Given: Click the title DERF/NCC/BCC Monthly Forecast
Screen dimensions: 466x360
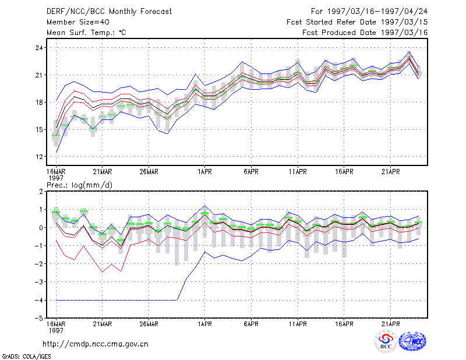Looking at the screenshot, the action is (109, 12).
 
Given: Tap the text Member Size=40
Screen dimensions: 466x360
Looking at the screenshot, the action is (78, 22).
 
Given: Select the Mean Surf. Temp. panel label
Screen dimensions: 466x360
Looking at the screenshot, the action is (86, 33).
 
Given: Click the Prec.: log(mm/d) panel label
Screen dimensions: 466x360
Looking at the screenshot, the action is (79, 185).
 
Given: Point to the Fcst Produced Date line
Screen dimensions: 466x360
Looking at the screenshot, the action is (365, 33).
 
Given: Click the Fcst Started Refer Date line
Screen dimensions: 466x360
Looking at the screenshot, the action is (357, 22).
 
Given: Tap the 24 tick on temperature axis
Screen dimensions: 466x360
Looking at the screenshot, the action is (39, 48).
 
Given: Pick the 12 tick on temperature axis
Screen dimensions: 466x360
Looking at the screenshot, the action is (39, 157).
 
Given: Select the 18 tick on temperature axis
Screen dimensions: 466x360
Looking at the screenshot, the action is (39, 103).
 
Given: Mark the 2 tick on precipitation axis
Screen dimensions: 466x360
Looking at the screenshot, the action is (41, 192).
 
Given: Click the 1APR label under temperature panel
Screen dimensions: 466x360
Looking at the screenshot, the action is (205, 172).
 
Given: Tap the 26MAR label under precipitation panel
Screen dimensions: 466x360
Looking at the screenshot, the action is (149, 324).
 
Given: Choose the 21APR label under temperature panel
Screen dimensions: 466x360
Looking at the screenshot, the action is (390, 172).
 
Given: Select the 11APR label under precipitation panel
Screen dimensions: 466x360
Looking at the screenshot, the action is (298, 324).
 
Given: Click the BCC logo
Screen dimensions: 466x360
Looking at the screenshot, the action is (386, 341).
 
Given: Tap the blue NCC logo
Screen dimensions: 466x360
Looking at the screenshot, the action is (412, 341).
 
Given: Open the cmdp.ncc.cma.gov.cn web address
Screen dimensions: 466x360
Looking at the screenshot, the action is (96, 344).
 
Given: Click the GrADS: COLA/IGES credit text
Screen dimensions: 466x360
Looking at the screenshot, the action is (26, 357).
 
